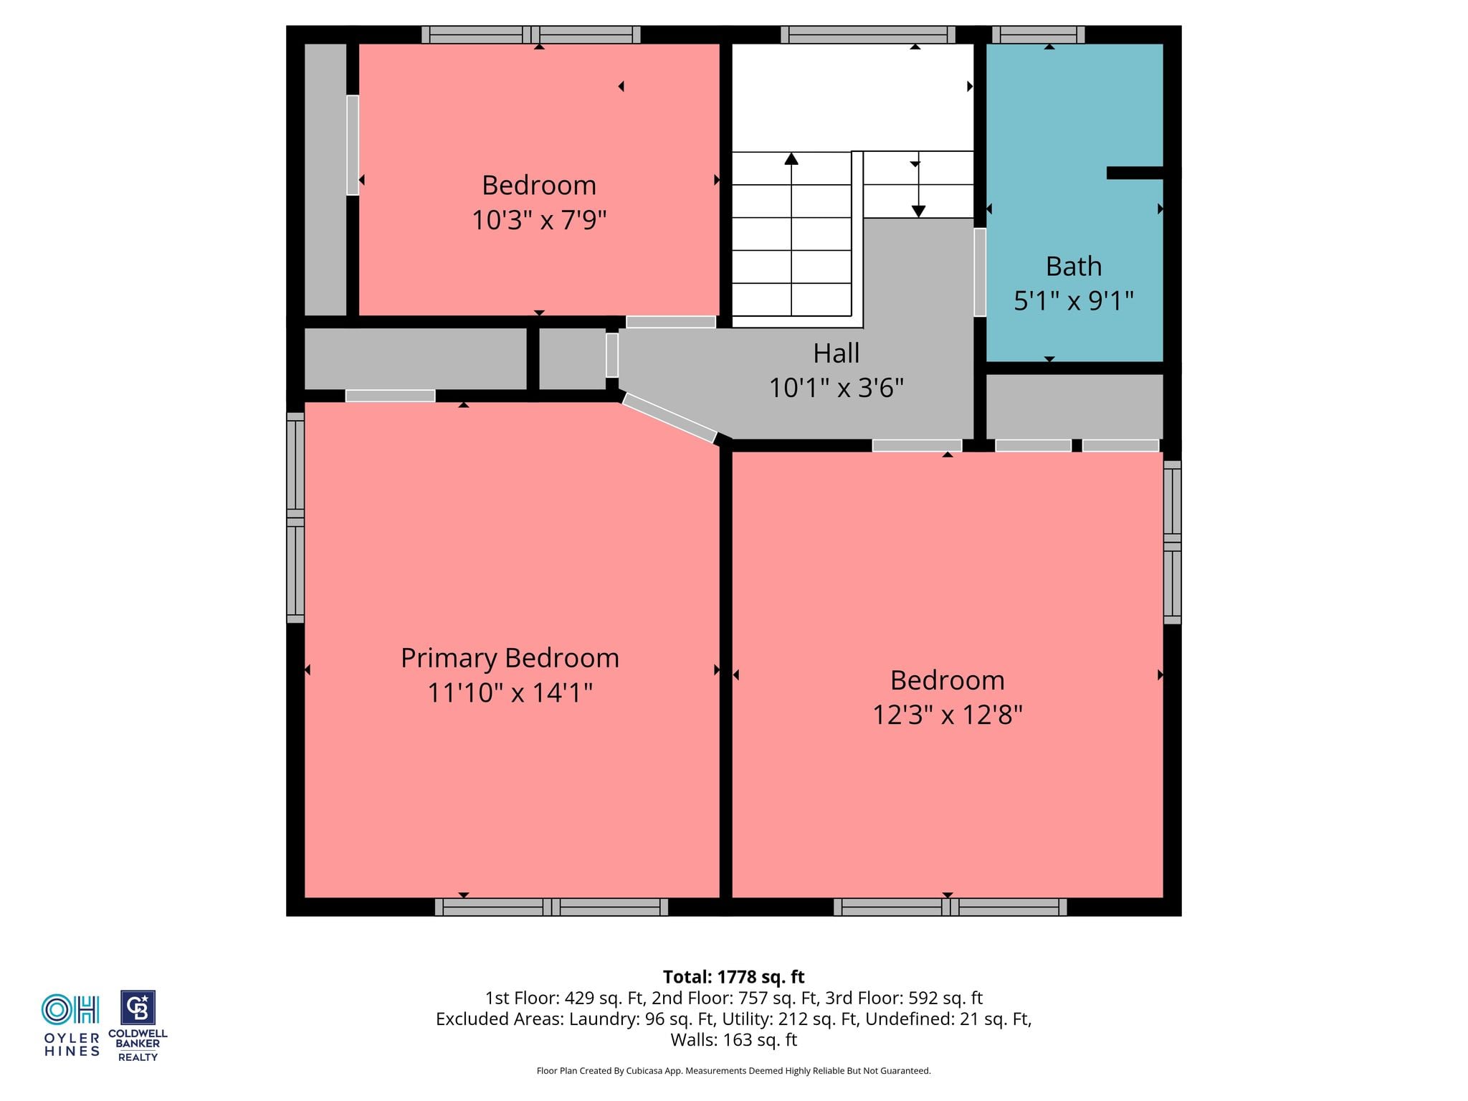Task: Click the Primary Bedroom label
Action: click(x=510, y=658)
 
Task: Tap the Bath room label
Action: click(x=1074, y=267)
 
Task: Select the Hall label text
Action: click(x=837, y=353)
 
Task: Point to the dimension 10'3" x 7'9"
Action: click(x=539, y=220)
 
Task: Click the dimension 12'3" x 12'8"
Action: click(x=948, y=715)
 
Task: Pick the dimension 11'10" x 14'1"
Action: click(x=510, y=692)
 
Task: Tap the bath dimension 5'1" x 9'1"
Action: click(x=1074, y=301)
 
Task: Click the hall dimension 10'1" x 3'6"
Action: click(x=837, y=388)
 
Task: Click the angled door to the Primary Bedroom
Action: click(x=669, y=418)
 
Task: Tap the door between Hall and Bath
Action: click(x=980, y=272)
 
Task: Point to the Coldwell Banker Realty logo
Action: click(x=138, y=1026)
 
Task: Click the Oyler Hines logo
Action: click(x=71, y=1025)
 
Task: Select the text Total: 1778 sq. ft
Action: click(x=733, y=977)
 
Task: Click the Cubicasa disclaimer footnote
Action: click(x=733, y=1071)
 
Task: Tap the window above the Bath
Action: click(x=1038, y=34)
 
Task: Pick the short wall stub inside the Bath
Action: click(x=1135, y=173)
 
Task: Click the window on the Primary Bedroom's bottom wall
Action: click(x=551, y=907)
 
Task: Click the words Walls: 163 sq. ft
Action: click(x=733, y=1039)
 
